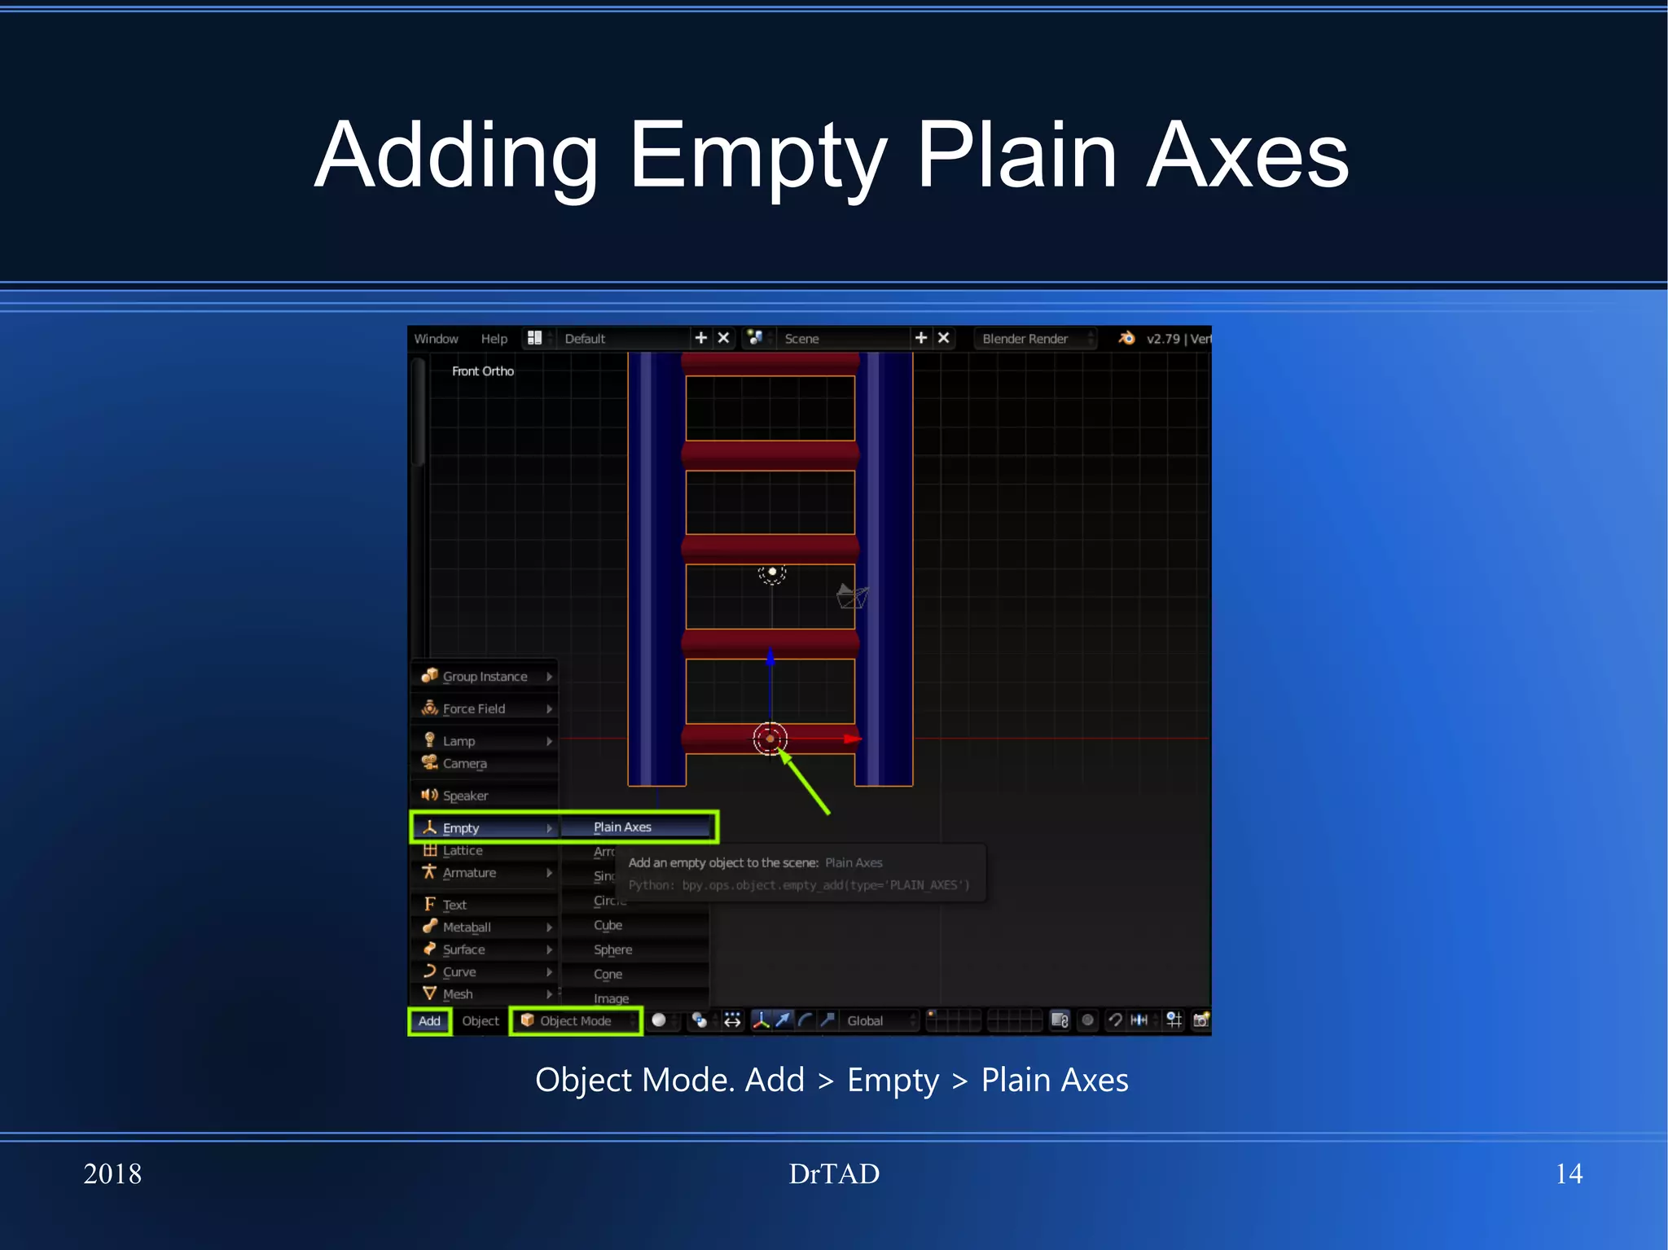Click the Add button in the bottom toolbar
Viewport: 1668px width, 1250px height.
[x=429, y=1021]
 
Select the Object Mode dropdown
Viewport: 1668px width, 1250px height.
[x=576, y=1021]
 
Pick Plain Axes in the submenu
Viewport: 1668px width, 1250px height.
[x=623, y=827]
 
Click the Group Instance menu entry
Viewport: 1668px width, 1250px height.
[x=485, y=677]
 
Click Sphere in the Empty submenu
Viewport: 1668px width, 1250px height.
[x=613, y=950]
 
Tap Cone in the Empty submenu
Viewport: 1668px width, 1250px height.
[x=608, y=974]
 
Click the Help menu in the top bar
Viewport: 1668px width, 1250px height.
[x=494, y=339]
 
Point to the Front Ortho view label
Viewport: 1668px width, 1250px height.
[x=483, y=371]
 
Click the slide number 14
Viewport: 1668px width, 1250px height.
[x=1569, y=1173]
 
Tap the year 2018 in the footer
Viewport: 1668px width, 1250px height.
[x=112, y=1173]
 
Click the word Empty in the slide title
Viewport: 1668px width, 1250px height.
[x=757, y=156]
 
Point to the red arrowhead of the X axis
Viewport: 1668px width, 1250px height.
[x=852, y=739]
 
